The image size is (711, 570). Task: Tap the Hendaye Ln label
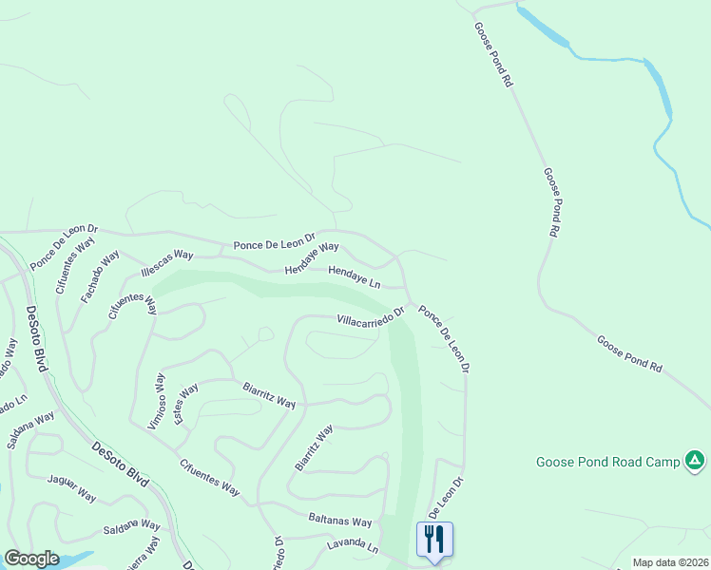coord(354,277)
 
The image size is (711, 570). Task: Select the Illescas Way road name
coord(166,263)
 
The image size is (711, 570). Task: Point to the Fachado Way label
coord(100,276)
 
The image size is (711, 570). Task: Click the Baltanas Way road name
coord(339,521)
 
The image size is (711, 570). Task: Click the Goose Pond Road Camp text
coord(608,463)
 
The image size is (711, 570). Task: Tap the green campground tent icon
coord(696,462)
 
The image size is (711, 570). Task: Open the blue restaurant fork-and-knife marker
coord(434,540)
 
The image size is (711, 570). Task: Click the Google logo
coord(31,559)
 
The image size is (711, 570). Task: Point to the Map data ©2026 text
coord(669,562)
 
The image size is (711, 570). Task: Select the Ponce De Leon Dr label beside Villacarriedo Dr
coord(445,337)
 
